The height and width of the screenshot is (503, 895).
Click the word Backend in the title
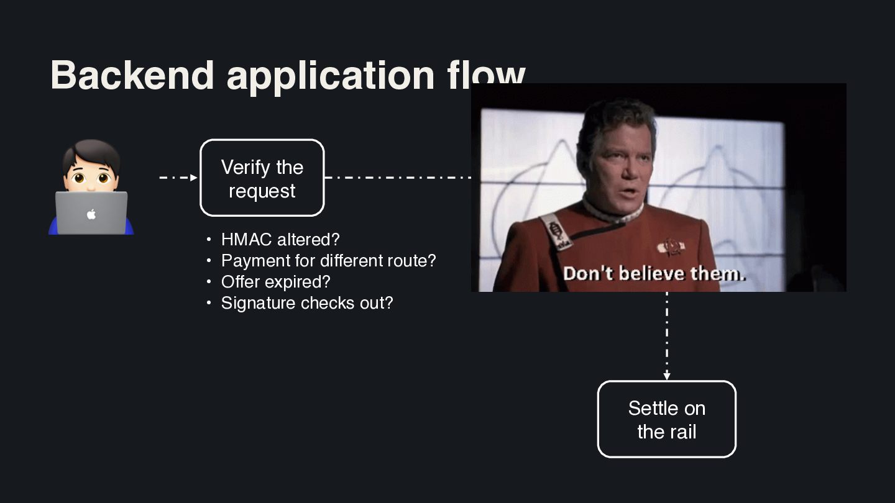[132, 75]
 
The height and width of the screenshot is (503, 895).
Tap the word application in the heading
[331, 77]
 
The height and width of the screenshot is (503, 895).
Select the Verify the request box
[262, 178]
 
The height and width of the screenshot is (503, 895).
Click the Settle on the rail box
[667, 419]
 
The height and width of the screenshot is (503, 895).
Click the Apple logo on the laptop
[91, 214]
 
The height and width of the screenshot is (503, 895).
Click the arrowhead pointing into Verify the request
[194, 178]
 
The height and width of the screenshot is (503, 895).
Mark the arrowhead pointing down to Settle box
[667, 376]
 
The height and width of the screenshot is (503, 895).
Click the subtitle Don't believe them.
[654, 274]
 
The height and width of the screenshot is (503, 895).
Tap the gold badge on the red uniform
[671, 246]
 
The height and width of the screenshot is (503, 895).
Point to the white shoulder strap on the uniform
[556, 232]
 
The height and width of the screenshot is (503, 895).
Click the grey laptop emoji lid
[91, 213]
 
